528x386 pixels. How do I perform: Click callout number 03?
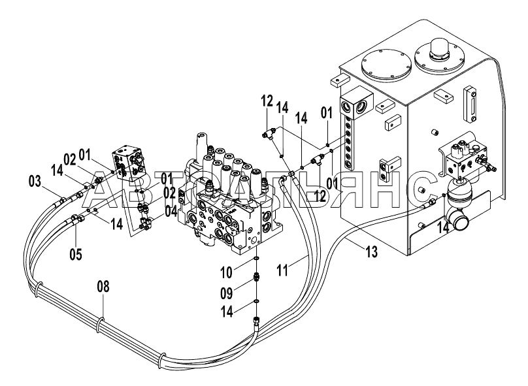[x=35, y=182]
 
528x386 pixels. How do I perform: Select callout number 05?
[x=76, y=254]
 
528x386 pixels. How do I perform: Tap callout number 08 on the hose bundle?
[x=103, y=287]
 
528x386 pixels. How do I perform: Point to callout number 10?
[x=227, y=272]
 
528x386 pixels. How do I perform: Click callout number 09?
[x=227, y=293]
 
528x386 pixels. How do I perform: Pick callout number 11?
[x=282, y=270]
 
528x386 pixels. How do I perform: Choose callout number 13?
[x=372, y=251]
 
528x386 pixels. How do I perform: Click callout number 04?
[x=171, y=212]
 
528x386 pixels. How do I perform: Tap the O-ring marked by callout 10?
[x=256, y=259]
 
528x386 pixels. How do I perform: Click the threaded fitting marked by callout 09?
[x=256, y=278]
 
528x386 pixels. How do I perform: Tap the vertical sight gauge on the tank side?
[x=470, y=105]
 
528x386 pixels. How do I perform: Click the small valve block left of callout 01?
[x=128, y=163]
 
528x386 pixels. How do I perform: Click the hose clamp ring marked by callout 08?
[x=100, y=324]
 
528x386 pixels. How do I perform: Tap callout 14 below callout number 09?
[x=227, y=312]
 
